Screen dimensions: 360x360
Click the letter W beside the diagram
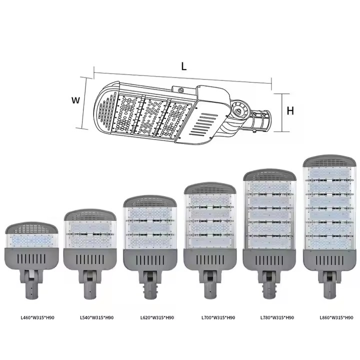point(76,100)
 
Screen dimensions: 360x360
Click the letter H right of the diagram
point(290,111)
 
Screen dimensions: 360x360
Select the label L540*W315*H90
point(96,317)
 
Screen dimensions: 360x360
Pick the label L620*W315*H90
point(157,317)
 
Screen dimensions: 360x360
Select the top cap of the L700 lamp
point(209,188)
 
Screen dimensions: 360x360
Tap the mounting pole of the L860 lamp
point(329,286)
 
